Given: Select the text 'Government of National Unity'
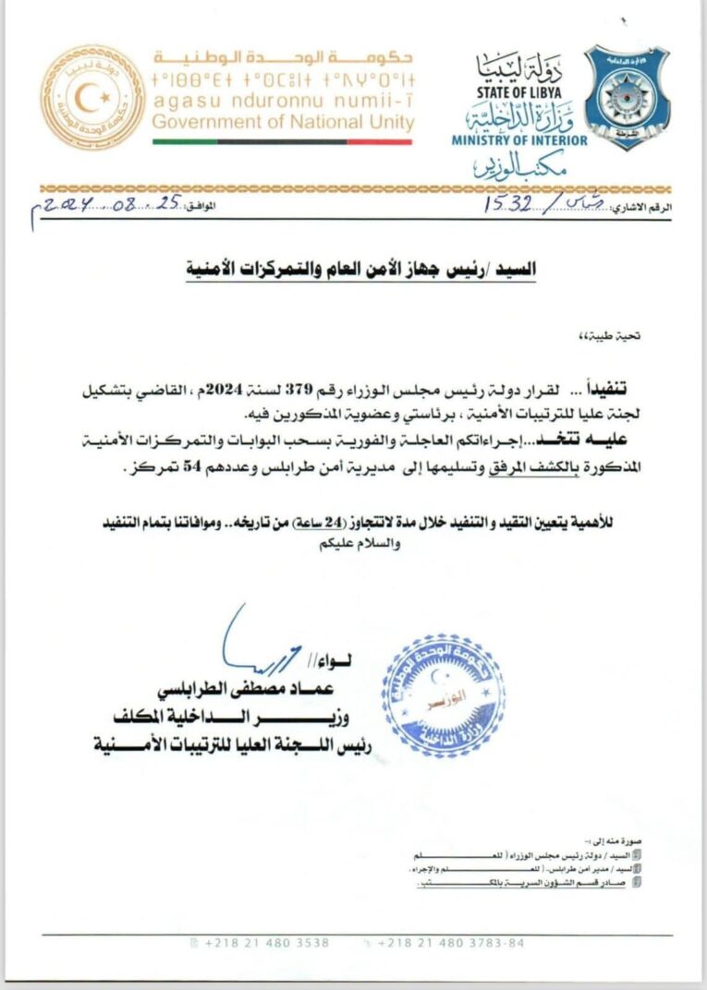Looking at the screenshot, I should point(284,122).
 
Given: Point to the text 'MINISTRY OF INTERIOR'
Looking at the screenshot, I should point(519,140).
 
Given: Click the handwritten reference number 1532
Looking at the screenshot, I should point(508,205).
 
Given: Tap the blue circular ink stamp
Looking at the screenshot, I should point(443,695).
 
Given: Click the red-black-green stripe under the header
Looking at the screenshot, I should point(282,141).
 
